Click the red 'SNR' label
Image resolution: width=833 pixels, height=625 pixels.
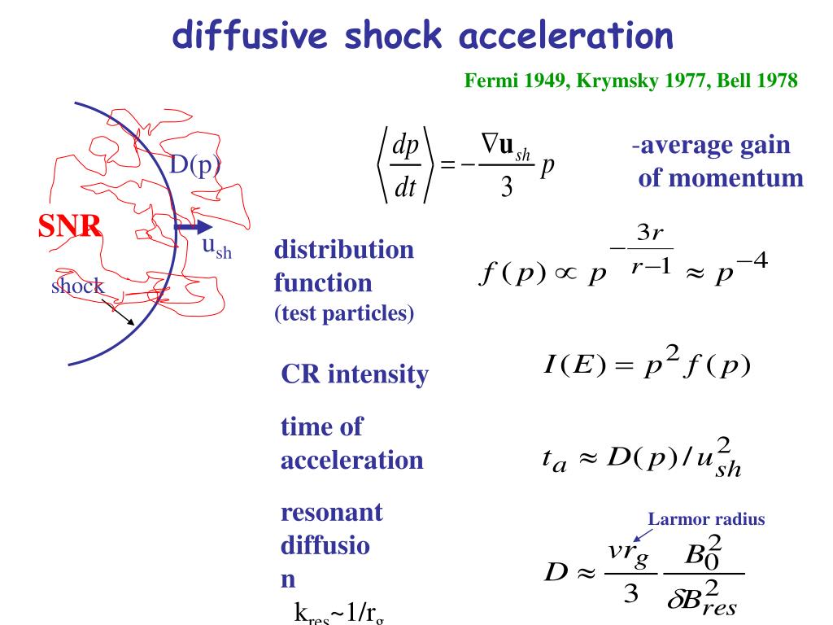71,227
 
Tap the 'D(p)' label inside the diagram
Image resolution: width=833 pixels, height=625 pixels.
194,165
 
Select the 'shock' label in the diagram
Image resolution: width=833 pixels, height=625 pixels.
77,286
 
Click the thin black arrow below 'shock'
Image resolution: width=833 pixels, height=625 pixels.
120,312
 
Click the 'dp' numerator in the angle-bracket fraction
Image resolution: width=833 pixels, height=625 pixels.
405,146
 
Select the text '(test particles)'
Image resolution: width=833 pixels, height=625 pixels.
344,315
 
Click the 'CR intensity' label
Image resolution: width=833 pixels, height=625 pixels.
354,374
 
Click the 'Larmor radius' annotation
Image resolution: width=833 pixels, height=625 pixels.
706,518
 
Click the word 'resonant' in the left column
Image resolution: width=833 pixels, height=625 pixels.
331,513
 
